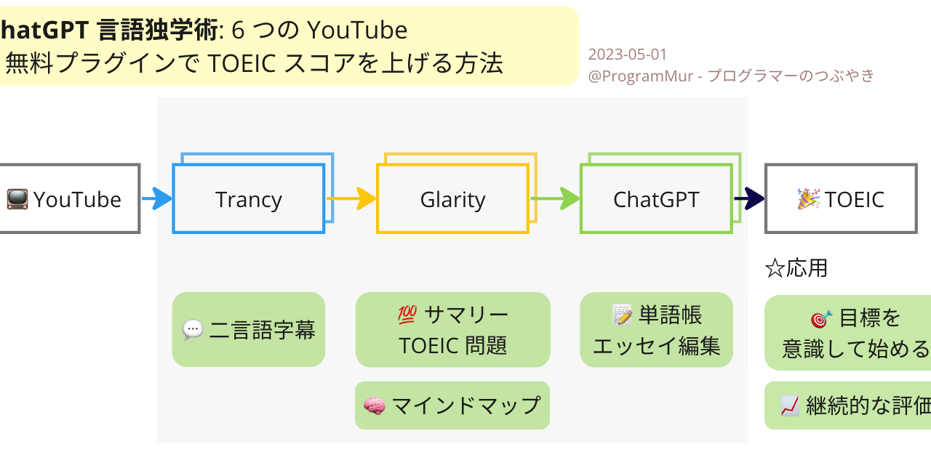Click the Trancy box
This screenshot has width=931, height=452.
pos(248,198)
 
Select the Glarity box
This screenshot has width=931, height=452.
pos(452,198)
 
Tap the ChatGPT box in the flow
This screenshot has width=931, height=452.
pos(655,198)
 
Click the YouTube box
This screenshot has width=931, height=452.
pos(70,198)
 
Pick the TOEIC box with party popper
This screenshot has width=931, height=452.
pos(841,198)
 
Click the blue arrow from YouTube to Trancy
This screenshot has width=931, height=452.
pos(156,198)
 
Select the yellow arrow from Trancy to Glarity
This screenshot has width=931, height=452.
pos(351,198)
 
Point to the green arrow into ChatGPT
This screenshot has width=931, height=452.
pos(555,198)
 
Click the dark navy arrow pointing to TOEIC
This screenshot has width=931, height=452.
pos(749,198)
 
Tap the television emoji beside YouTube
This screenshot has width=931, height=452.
pos(17,199)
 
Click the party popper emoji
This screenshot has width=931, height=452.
pos(808,198)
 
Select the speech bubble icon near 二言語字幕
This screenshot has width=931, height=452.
pos(193,331)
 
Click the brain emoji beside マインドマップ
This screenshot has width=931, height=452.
pos(374,405)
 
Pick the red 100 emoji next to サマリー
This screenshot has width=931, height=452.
pos(407,315)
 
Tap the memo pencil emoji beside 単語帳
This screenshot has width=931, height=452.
pos(622,315)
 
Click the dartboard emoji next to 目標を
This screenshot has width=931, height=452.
pos(821,318)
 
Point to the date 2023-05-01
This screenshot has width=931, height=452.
pos(627,55)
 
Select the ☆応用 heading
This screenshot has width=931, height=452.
pos(796,268)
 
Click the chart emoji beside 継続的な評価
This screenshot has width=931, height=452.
pos(790,406)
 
